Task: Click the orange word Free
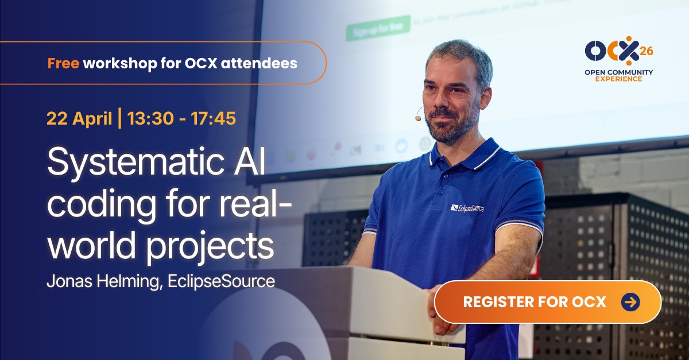coord(63,63)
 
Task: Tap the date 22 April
coord(79,119)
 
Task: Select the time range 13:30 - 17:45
coord(181,119)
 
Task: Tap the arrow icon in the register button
coord(630,302)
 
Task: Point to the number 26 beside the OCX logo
coord(646,51)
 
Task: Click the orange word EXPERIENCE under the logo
coord(618,79)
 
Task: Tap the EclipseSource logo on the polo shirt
coord(467,207)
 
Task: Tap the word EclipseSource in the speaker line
coord(229,282)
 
